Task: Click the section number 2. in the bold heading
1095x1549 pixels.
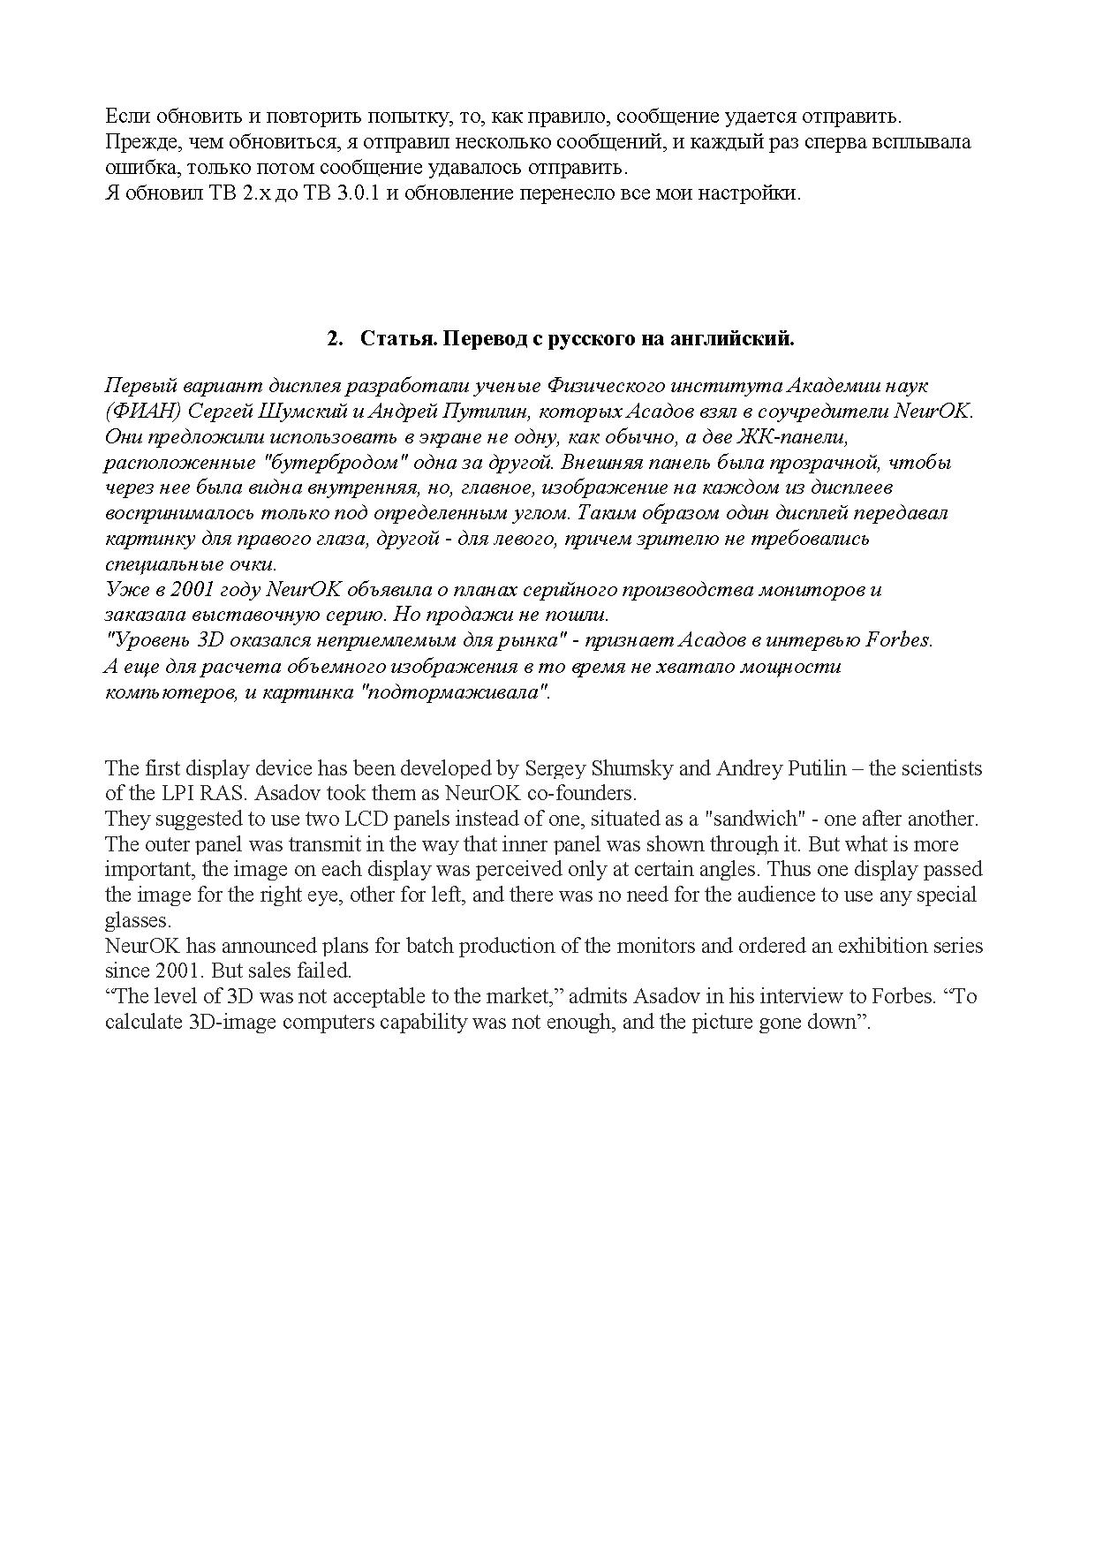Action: [x=335, y=339]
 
